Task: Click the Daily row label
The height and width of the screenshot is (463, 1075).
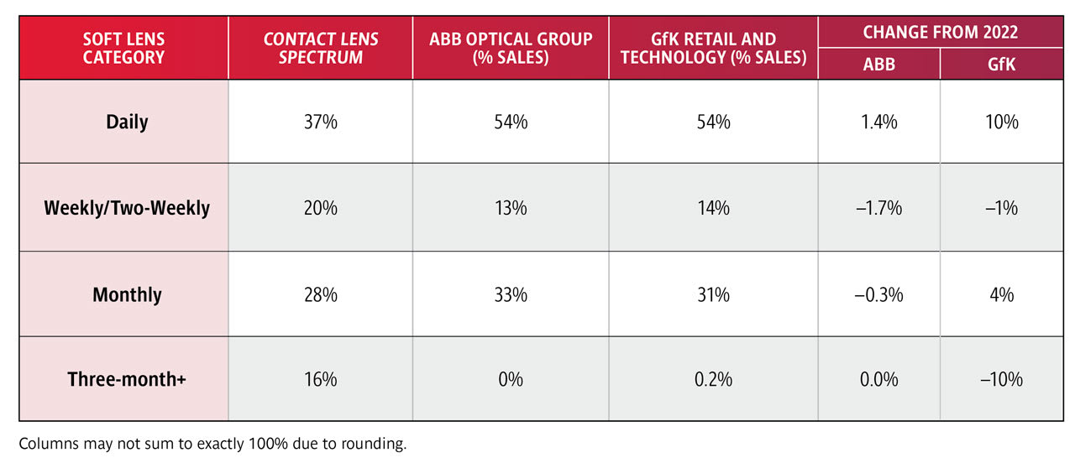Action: click(127, 122)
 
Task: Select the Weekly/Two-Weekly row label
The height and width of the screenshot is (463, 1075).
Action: click(127, 208)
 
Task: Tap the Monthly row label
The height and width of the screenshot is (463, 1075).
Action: click(127, 294)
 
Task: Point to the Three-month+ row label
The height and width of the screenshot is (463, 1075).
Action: click(127, 379)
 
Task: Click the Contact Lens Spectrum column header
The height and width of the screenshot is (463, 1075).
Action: click(320, 49)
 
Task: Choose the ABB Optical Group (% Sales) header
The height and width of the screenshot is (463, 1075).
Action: click(511, 49)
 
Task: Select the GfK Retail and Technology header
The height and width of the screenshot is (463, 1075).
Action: click(713, 49)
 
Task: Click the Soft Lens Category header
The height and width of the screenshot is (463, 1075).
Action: click(123, 49)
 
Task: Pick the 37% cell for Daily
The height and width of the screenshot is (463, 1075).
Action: click(320, 122)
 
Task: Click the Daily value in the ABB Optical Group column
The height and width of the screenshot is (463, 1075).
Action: click(511, 122)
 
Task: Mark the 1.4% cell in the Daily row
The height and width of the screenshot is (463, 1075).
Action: click(879, 122)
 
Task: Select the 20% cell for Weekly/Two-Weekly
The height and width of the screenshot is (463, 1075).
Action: click(320, 208)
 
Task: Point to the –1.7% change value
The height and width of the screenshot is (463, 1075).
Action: click(878, 208)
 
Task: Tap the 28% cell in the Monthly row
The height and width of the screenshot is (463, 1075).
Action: click(320, 294)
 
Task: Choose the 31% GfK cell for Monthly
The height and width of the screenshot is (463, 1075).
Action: click(713, 294)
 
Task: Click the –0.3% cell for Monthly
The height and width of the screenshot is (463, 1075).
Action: click(878, 294)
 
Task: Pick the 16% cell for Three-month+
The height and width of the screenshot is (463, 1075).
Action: click(320, 379)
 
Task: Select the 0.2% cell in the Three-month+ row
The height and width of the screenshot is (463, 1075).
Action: click(713, 379)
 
